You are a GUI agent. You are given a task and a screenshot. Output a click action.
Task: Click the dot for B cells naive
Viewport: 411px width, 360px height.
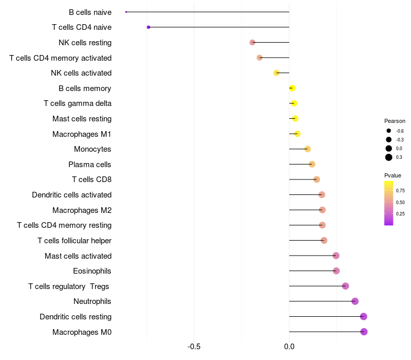pyautogui.click(x=126, y=12)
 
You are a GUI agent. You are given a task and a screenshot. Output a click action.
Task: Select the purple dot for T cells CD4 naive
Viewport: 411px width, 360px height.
pyautogui.click(x=148, y=27)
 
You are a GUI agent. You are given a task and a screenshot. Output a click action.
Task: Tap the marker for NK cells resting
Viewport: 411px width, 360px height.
pyautogui.click(x=252, y=42)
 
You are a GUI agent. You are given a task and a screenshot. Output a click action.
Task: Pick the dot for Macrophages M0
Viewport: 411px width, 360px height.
pyautogui.click(x=364, y=332)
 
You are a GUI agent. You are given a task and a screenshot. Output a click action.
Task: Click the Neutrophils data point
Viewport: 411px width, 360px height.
pyautogui.click(x=354, y=301)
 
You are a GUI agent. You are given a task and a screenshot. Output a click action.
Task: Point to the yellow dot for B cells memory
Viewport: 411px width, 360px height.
pyautogui.click(x=292, y=88)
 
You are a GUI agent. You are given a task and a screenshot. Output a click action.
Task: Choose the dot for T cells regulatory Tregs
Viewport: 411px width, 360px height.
pyautogui.click(x=345, y=286)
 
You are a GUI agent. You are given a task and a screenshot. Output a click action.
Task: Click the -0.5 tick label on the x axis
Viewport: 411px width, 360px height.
pyautogui.click(x=194, y=347)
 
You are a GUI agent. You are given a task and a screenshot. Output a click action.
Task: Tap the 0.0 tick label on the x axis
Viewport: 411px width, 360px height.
pyautogui.click(x=289, y=347)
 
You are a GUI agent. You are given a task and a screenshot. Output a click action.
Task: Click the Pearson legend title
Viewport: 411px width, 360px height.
pyautogui.click(x=395, y=121)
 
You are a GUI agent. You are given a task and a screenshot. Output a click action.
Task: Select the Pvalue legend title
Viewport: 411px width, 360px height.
pyautogui.click(x=393, y=175)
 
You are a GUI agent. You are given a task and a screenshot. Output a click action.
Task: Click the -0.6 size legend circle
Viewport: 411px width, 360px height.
pyautogui.click(x=389, y=131)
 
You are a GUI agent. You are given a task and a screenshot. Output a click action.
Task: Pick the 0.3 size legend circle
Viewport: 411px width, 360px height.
pyautogui.click(x=389, y=157)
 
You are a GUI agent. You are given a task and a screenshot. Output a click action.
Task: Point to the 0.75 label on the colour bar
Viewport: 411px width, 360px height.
pyautogui.click(x=400, y=190)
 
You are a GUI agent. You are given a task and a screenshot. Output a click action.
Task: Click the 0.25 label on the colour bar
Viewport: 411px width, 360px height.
pyautogui.click(x=400, y=214)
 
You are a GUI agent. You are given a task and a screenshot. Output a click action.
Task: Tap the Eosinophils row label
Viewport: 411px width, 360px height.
pyautogui.click(x=92, y=271)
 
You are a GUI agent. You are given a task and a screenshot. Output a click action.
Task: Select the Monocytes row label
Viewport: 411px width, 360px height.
pyautogui.click(x=92, y=149)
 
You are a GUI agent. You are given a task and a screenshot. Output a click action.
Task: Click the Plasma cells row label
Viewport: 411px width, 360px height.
pyautogui.click(x=90, y=165)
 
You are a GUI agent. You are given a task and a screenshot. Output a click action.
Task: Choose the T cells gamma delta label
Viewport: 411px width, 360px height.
pyautogui.click(x=78, y=103)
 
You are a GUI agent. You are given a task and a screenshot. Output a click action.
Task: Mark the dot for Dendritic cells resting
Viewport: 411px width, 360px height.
pyautogui.click(x=364, y=316)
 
